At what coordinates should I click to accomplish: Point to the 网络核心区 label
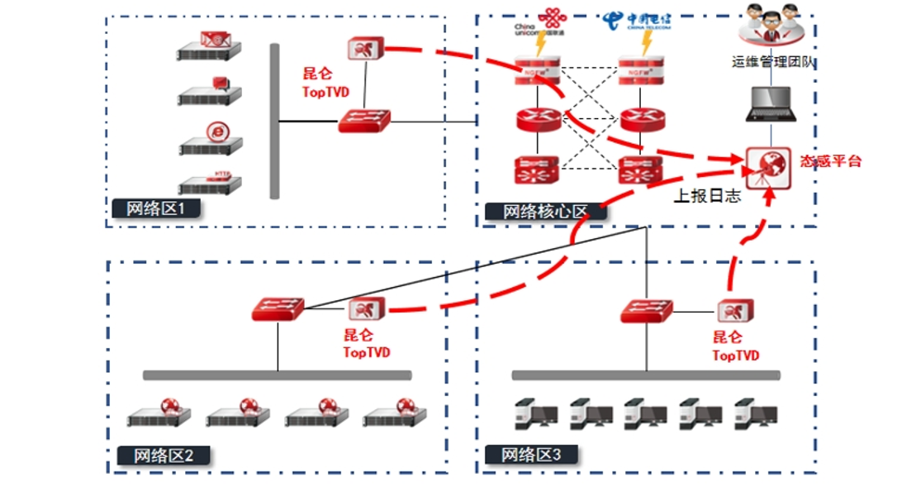pos(545,212)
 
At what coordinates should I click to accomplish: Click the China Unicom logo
pos(541,21)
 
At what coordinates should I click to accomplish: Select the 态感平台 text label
pos(830,161)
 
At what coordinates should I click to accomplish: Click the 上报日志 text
pos(706,196)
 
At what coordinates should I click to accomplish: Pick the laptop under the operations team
pos(770,103)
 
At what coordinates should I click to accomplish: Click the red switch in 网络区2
pos(278,310)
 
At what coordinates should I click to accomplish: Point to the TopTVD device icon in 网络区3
pos(735,311)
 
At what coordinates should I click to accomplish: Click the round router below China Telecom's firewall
pos(642,120)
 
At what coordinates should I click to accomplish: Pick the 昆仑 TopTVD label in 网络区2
pos(366,344)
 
